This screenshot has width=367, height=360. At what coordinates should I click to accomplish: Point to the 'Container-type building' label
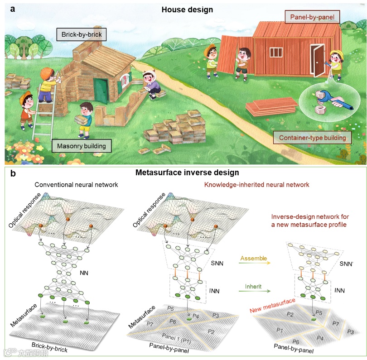point(312,138)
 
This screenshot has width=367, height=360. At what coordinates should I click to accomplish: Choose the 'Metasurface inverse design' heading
point(188,173)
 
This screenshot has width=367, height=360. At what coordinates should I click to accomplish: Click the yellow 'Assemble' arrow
point(254,264)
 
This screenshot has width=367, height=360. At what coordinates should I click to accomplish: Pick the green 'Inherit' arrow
point(254,290)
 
